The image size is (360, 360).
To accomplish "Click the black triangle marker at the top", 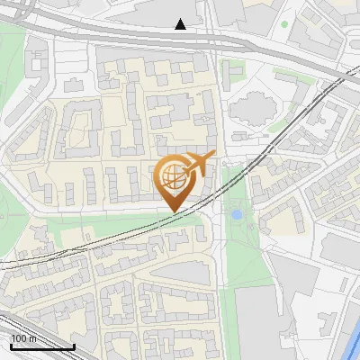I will coord(181,24).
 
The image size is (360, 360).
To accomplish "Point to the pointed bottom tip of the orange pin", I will coord(174,211).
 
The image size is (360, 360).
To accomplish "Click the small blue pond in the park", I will coord(237,215).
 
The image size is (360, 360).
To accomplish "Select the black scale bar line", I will coord(42,346).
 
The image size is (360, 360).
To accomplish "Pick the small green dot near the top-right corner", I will coord(283,23).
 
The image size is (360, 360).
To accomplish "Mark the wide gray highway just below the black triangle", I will coord(180,38).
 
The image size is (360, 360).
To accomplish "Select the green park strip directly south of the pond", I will coord(238,261).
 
